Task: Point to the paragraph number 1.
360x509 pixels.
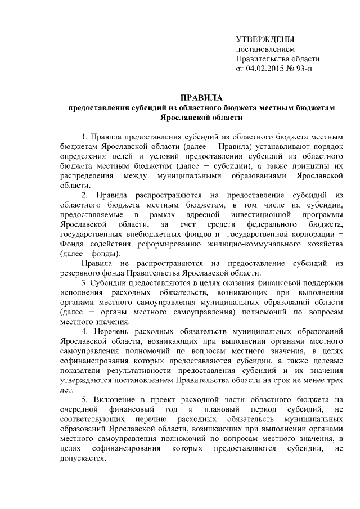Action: [x=84, y=137]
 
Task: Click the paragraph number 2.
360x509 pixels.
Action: [x=84, y=195]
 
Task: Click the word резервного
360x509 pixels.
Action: [x=80, y=273]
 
